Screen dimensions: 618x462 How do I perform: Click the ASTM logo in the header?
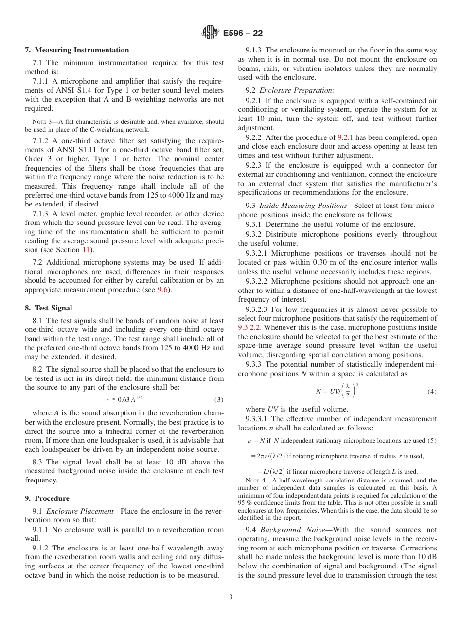[211, 33]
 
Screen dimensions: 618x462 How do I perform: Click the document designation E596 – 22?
[243, 33]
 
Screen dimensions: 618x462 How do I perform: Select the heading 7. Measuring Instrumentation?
[77, 50]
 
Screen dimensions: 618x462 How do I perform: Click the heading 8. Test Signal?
[48, 308]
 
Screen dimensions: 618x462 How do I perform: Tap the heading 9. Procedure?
[47, 498]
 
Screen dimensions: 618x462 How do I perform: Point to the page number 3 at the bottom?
[231, 597]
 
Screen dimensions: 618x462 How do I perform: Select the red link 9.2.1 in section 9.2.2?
[346, 137]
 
